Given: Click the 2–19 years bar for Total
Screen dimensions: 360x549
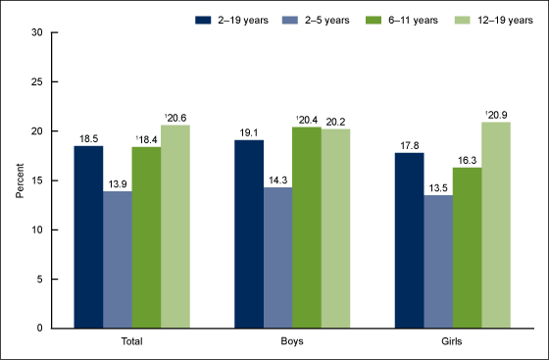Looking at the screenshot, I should pyautogui.click(x=87, y=236).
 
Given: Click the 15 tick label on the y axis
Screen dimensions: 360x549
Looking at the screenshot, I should pyautogui.click(x=34, y=180).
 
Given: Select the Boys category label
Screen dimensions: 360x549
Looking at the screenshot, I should pyautogui.click(x=292, y=342).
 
